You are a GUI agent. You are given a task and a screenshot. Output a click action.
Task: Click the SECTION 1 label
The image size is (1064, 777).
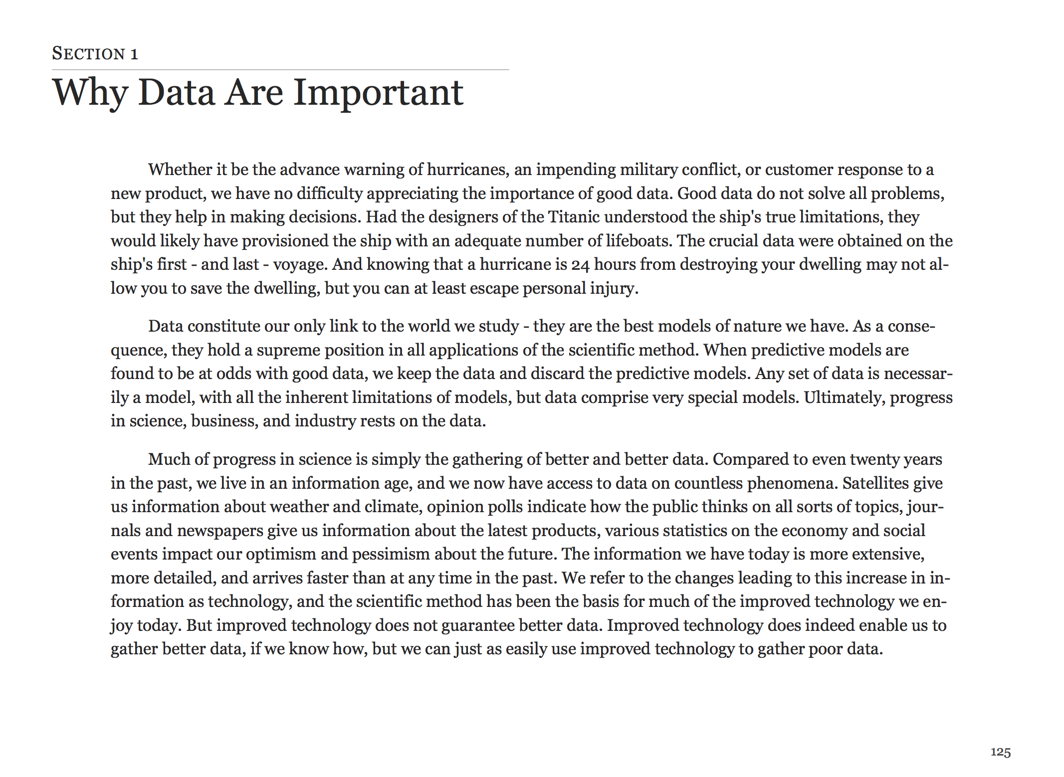tap(95, 53)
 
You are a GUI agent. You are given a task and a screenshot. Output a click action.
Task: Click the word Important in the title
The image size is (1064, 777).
tap(378, 93)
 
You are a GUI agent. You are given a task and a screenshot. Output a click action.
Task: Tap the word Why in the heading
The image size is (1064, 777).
tap(90, 93)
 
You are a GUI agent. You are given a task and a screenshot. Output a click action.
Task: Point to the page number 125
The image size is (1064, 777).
tap(1000, 752)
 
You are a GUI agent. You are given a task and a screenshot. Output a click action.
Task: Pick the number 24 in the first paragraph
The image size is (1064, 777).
tap(580, 265)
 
